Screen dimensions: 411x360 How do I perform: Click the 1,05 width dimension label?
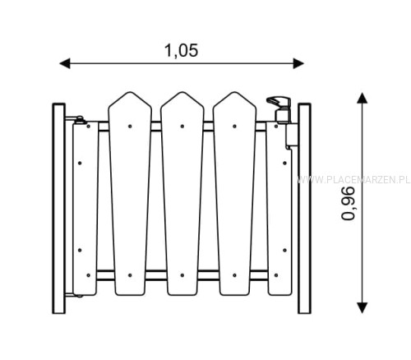[181, 51]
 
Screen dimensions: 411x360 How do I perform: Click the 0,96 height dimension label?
[348, 203]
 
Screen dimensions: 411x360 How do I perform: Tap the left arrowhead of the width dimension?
[65, 63]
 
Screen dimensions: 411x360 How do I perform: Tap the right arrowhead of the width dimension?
[298, 63]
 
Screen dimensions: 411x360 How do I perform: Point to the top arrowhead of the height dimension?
[363, 98]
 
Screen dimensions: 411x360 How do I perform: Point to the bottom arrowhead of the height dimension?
[363, 307]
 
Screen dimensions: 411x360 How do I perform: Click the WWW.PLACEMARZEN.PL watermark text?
[353, 180]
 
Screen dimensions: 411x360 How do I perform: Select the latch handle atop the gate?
[279, 103]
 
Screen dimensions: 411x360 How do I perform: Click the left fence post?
[58, 209]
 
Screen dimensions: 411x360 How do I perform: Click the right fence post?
[304, 209]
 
